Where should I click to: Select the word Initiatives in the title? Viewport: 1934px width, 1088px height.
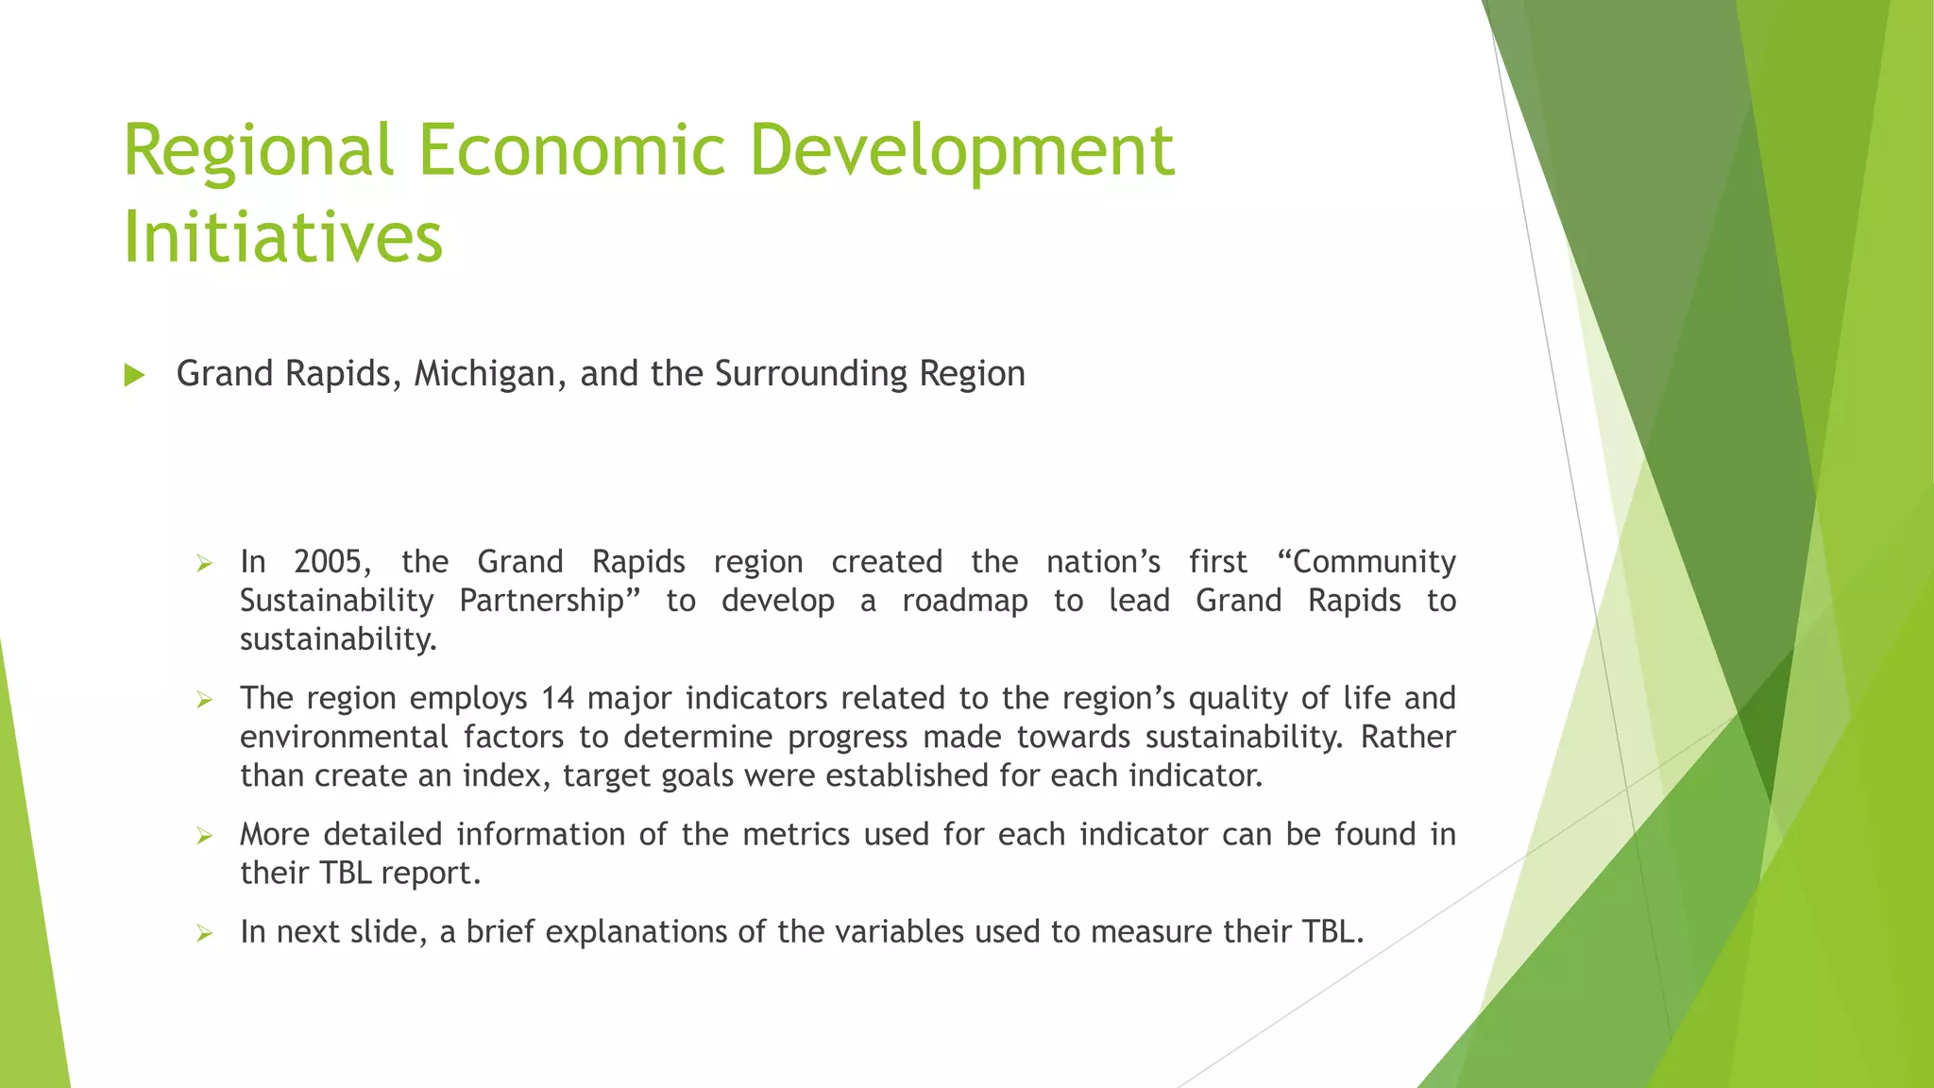[x=282, y=237]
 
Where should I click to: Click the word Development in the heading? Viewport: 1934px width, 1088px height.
[x=962, y=151]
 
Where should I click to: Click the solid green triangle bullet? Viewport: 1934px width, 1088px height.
[x=134, y=375]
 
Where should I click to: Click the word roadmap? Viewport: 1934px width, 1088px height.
[x=964, y=601]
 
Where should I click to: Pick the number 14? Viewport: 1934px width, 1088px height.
[x=557, y=698]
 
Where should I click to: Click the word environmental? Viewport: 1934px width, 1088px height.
[x=344, y=737]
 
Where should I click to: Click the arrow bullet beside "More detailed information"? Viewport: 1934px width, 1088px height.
[x=204, y=835]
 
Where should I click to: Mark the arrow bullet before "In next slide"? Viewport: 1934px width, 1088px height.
[x=204, y=933]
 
